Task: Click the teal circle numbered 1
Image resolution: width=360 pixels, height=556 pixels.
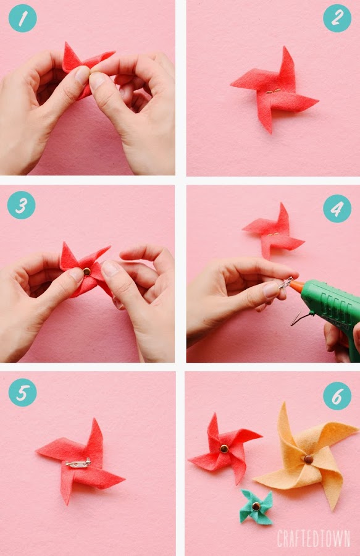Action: coord(22,18)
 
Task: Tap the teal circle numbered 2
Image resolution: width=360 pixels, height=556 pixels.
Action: coord(337,18)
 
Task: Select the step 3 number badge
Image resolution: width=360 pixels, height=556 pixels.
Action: coord(21,205)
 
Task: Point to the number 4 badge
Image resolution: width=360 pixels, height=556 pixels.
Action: coord(337,209)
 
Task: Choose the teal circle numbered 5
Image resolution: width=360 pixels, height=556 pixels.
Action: coord(22,392)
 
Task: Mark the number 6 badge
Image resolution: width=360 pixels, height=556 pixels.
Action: coord(337,396)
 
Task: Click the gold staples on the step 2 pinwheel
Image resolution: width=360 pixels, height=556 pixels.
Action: coord(273,91)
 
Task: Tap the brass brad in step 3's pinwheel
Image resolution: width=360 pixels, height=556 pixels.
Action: coord(87,272)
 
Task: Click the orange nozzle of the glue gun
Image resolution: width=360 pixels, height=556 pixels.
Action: coord(296,285)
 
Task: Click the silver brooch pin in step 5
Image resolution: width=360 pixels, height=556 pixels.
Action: coord(78,463)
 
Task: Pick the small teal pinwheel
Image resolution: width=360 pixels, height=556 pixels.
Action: coord(256,507)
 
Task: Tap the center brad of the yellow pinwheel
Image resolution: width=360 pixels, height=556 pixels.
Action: coord(308,459)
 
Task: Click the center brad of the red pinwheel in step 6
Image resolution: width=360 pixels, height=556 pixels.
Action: coord(224,449)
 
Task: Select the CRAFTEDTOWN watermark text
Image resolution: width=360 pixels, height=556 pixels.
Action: coord(314,538)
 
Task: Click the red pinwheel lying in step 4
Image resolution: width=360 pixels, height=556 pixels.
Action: coord(273,231)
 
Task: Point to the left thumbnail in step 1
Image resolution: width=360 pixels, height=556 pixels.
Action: coord(82,75)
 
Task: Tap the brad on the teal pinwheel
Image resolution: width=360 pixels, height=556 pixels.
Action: coord(256,507)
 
